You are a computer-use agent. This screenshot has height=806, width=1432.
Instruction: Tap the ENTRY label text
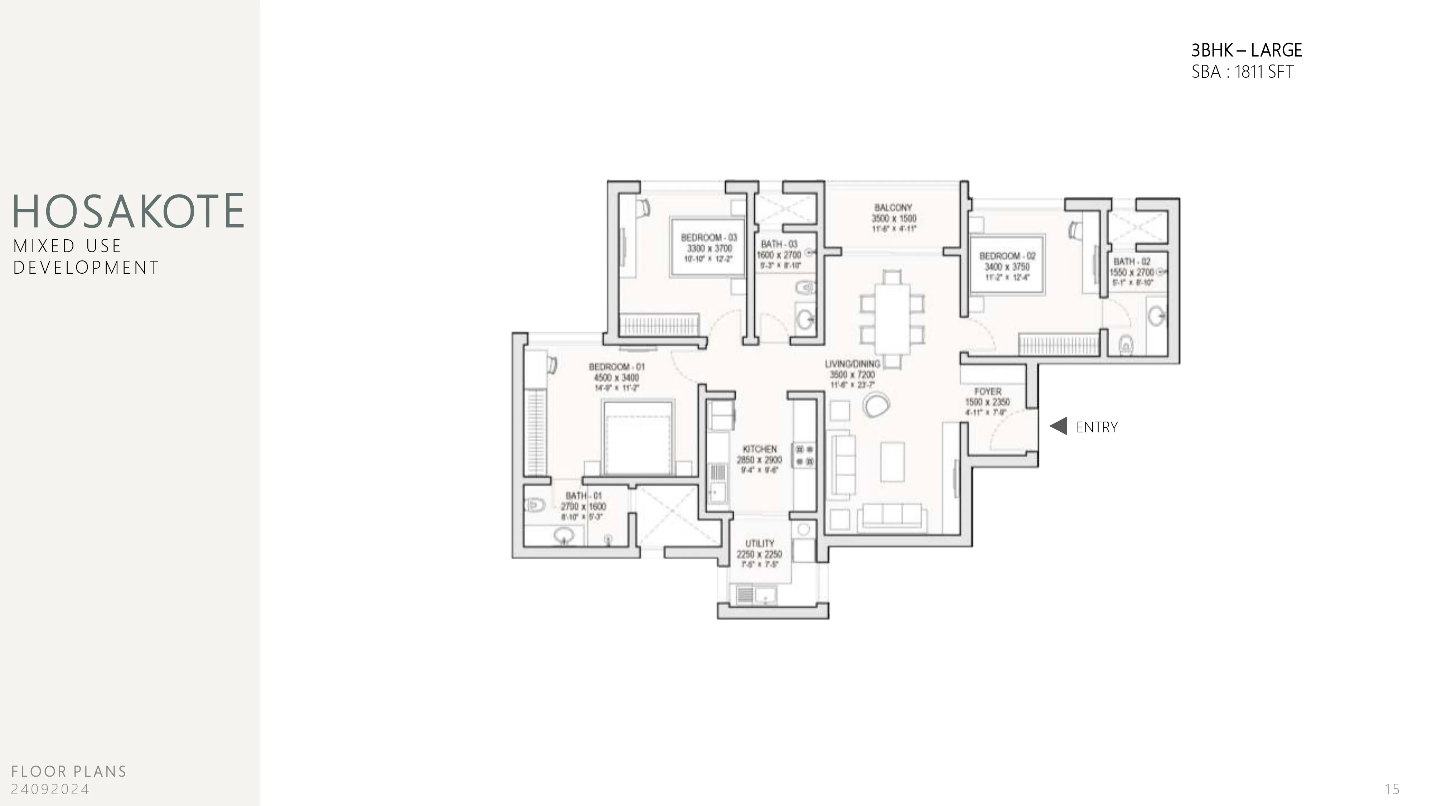click(1096, 427)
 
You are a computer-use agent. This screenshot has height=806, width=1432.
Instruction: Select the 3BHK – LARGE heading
click(1246, 51)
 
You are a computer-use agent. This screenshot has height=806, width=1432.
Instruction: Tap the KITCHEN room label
click(759, 449)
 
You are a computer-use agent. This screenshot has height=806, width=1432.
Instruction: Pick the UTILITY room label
click(759, 543)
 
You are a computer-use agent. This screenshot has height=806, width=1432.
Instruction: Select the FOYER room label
click(987, 392)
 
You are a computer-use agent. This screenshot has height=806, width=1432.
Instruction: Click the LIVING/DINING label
click(852, 364)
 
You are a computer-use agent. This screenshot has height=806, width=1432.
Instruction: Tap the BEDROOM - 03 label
click(709, 238)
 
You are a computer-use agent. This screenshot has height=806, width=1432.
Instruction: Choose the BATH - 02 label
click(1131, 262)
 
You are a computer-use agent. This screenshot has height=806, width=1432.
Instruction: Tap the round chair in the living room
click(876, 404)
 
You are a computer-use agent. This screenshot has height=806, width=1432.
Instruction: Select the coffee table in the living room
click(892, 462)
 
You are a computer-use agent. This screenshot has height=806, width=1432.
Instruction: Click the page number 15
click(1392, 789)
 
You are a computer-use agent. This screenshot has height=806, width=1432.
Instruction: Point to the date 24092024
click(50, 789)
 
